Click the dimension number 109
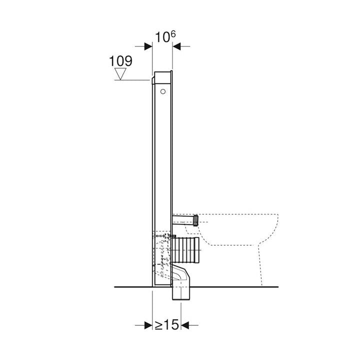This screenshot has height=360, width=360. coord(120,61)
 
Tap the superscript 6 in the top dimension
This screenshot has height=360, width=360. coord(172,34)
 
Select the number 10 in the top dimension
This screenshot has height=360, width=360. coord(162,37)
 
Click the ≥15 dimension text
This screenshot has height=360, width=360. coord(166,325)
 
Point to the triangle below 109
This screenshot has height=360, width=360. coord(120,73)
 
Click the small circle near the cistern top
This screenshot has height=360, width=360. coord(163,91)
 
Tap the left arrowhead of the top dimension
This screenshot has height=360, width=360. coord(148,46)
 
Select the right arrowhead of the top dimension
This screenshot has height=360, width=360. coord(176,46)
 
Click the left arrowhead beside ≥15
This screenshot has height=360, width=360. coord(148,325)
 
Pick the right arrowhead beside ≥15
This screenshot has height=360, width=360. coord(185,325)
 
